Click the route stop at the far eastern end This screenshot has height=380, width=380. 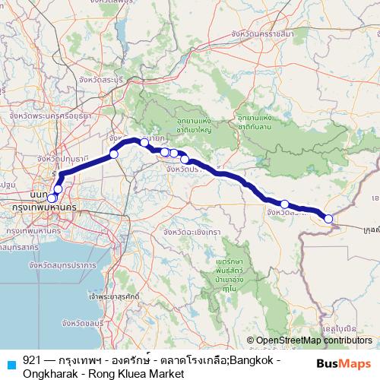tap(329, 219)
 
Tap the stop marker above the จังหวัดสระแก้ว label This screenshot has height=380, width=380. tap(284, 204)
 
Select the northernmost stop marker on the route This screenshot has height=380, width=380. tap(144, 142)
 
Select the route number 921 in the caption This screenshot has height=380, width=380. tap(33, 359)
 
